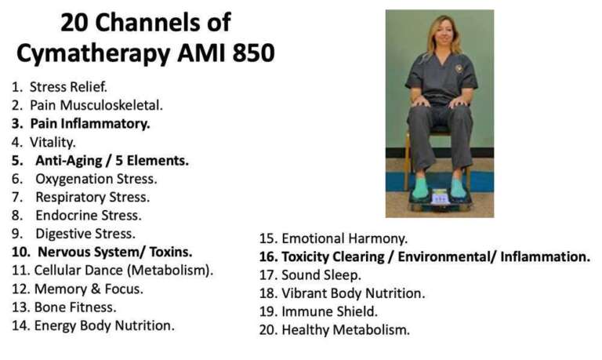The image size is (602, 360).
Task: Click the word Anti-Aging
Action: (x=68, y=161)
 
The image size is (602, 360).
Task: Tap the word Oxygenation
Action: (x=77, y=179)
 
